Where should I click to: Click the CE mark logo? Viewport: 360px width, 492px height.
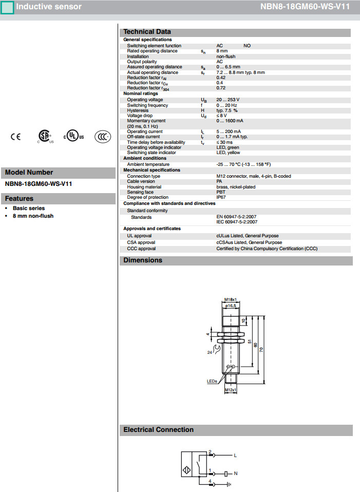(x=16, y=137)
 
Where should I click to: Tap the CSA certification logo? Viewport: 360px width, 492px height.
(x=45, y=136)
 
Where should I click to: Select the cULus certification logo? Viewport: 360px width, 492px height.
(x=73, y=137)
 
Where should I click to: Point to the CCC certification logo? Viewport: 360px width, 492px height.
(x=103, y=137)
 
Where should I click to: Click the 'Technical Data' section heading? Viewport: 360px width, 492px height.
(x=147, y=32)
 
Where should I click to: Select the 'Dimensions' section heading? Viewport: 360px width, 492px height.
(x=143, y=260)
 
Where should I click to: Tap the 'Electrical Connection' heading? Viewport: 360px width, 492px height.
(x=158, y=430)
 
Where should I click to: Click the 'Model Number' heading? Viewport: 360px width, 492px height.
(x=29, y=173)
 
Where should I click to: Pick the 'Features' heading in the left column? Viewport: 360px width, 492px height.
(x=19, y=199)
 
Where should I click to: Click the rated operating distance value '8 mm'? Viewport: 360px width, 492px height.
(x=222, y=51)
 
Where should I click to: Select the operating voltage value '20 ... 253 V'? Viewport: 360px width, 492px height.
(x=228, y=100)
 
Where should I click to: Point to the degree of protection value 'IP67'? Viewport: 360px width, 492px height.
(x=221, y=198)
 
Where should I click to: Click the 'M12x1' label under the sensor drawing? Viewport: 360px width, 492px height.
(x=231, y=390)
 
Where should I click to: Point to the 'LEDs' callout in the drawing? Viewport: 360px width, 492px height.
(x=212, y=381)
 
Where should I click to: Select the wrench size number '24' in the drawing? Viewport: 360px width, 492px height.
(x=210, y=352)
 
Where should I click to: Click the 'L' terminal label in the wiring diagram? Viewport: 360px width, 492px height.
(x=235, y=455)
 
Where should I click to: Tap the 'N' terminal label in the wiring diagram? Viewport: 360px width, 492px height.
(x=236, y=472)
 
